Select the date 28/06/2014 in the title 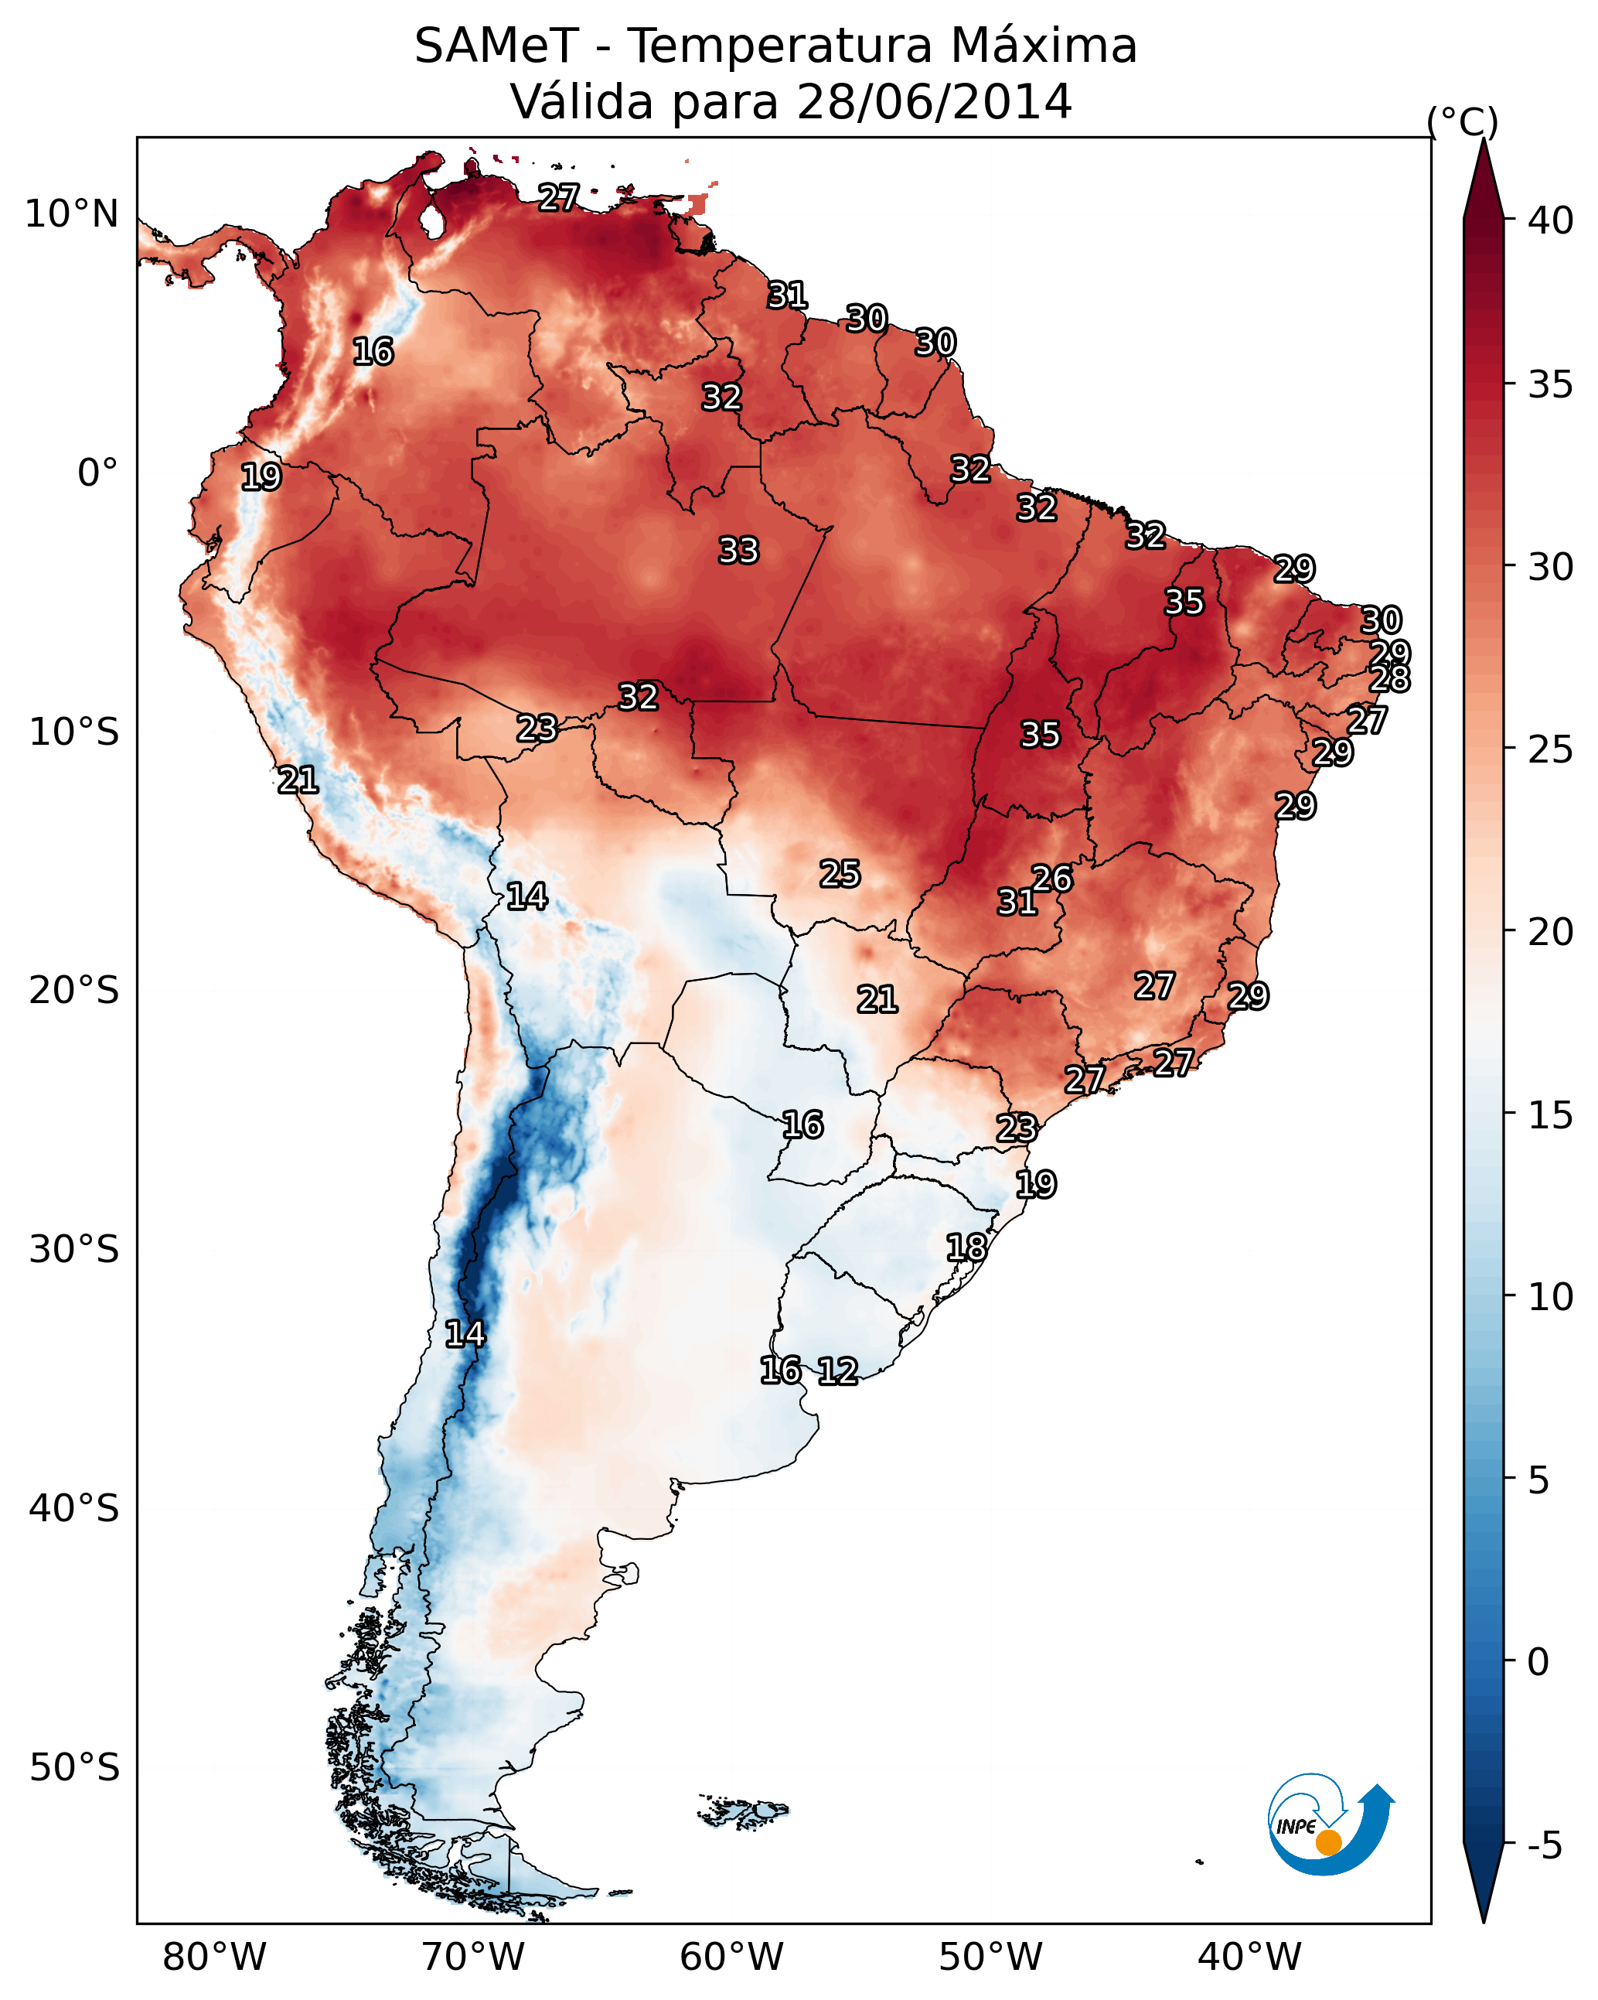(934, 102)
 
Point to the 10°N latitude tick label (71, 214)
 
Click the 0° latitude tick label (97, 473)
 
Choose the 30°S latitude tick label (74, 1250)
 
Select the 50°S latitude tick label (74, 1768)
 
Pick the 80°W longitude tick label (214, 1957)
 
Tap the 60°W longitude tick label (732, 1957)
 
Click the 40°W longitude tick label (1249, 1957)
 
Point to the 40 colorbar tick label (1551, 220)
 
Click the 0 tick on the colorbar (1538, 1662)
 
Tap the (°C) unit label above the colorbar (1463, 121)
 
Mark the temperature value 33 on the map (739, 551)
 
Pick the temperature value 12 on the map (837, 1371)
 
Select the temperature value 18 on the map (966, 1247)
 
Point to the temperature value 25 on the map (840, 874)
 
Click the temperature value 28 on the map (1390, 679)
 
